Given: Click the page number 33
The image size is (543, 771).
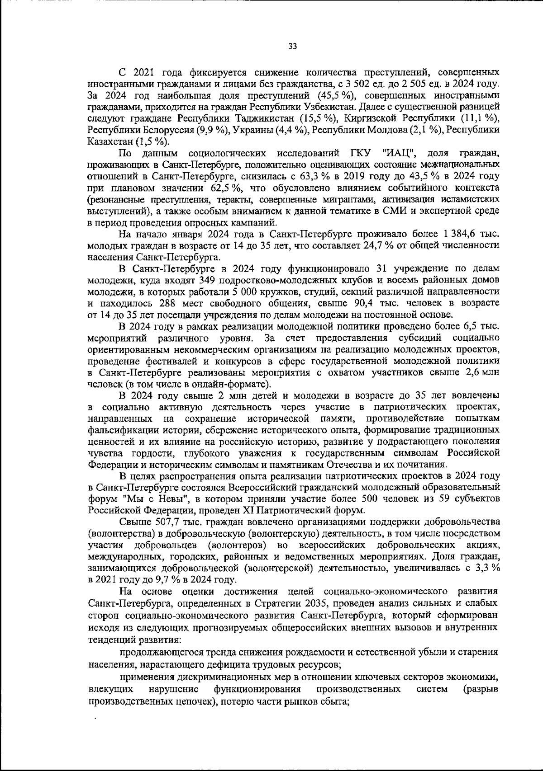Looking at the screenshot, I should point(292,46).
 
